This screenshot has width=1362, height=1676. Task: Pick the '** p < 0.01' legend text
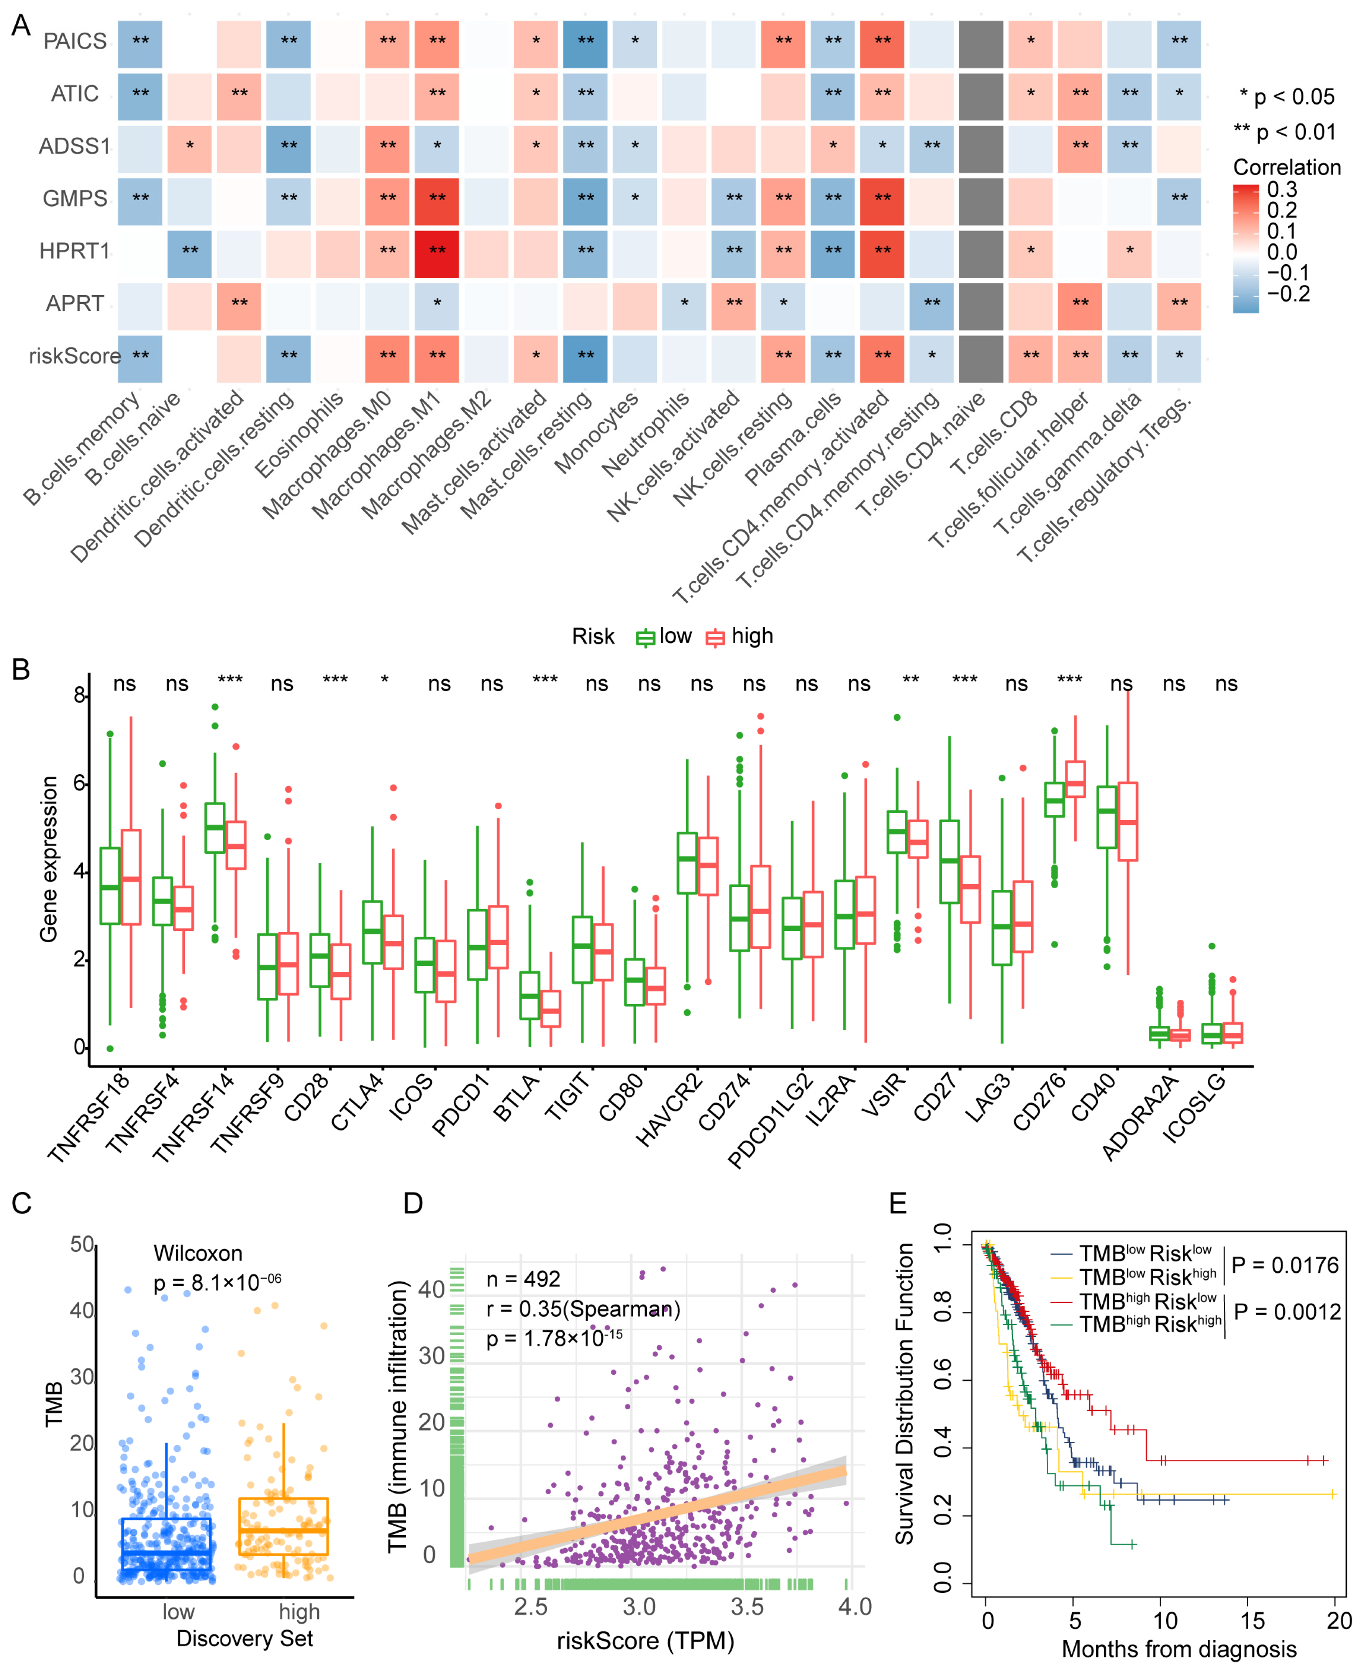[1284, 131]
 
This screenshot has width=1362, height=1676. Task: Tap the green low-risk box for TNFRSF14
[215, 827]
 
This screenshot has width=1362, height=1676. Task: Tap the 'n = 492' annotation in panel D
[523, 1279]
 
